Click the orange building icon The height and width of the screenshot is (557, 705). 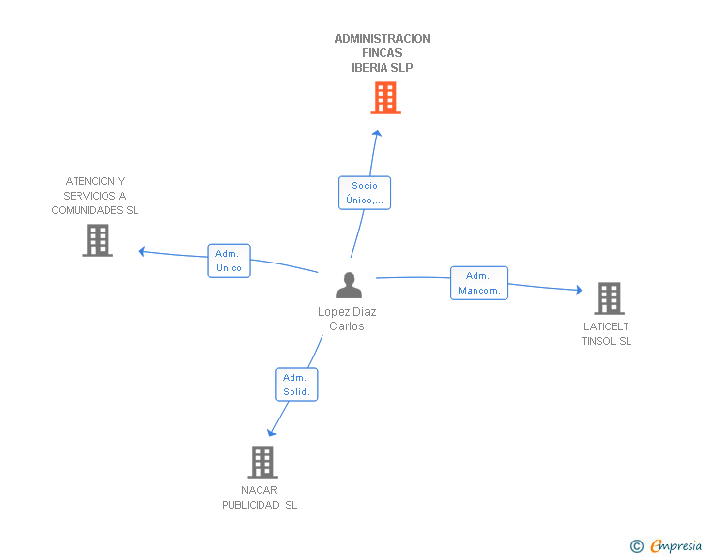pyautogui.click(x=385, y=98)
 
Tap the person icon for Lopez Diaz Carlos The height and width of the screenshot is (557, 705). pyautogui.click(x=349, y=285)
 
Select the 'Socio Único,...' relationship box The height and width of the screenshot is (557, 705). pyautogui.click(x=365, y=193)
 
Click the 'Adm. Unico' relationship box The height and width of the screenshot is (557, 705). pyautogui.click(x=229, y=261)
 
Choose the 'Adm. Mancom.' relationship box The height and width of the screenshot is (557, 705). pyautogui.click(x=479, y=283)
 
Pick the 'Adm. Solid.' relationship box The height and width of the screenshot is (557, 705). pyautogui.click(x=296, y=385)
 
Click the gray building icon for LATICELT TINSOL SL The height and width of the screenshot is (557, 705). pyautogui.click(x=609, y=298)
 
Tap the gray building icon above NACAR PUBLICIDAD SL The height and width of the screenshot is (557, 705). pyautogui.click(x=262, y=462)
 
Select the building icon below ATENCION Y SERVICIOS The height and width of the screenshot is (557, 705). pyautogui.click(x=98, y=240)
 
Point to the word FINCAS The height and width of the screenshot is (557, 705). pyautogui.click(x=383, y=53)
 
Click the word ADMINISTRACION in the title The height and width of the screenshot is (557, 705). pyautogui.click(x=383, y=39)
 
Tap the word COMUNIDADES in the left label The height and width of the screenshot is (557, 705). pyautogui.click(x=87, y=210)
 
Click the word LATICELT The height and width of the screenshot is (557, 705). pyautogui.click(x=605, y=326)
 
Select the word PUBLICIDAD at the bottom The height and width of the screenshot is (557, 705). pyautogui.click(x=251, y=505)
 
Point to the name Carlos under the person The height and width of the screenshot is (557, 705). pyautogui.click(x=347, y=326)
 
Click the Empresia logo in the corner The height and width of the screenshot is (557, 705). pyautogui.click(x=676, y=545)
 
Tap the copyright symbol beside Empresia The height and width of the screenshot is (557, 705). pyautogui.click(x=636, y=546)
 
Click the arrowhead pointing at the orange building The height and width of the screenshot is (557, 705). pyautogui.click(x=378, y=133)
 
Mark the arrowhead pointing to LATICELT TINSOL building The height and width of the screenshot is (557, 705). pyautogui.click(x=579, y=290)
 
